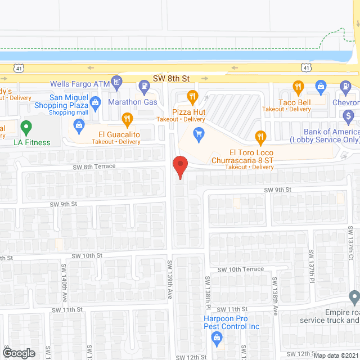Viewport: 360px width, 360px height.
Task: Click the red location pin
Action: tap(179, 167)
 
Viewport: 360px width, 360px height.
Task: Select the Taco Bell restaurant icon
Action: tap(299, 87)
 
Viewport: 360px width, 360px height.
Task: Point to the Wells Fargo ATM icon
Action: tap(117, 82)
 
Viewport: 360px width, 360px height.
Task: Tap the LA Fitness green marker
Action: tap(26, 128)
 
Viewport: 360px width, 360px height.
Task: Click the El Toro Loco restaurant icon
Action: tap(260, 136)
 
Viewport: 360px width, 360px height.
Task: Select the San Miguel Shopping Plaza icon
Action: tap(96, 102)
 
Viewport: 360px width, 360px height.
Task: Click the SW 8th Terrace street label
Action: tap(93, 166)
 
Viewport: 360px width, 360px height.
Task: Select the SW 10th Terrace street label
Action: tap(241, 269)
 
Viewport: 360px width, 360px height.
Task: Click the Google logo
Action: tap(19, 353)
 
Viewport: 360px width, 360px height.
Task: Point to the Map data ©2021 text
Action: tap(336, 355)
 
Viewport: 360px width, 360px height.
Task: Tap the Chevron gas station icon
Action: tap(345, 87)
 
